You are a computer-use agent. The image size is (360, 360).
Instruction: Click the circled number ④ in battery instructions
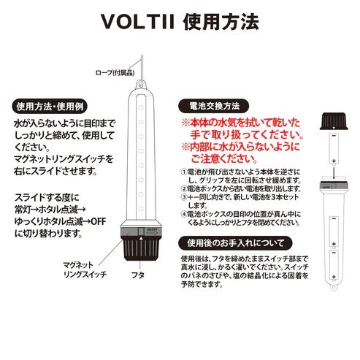pos(183,214)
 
